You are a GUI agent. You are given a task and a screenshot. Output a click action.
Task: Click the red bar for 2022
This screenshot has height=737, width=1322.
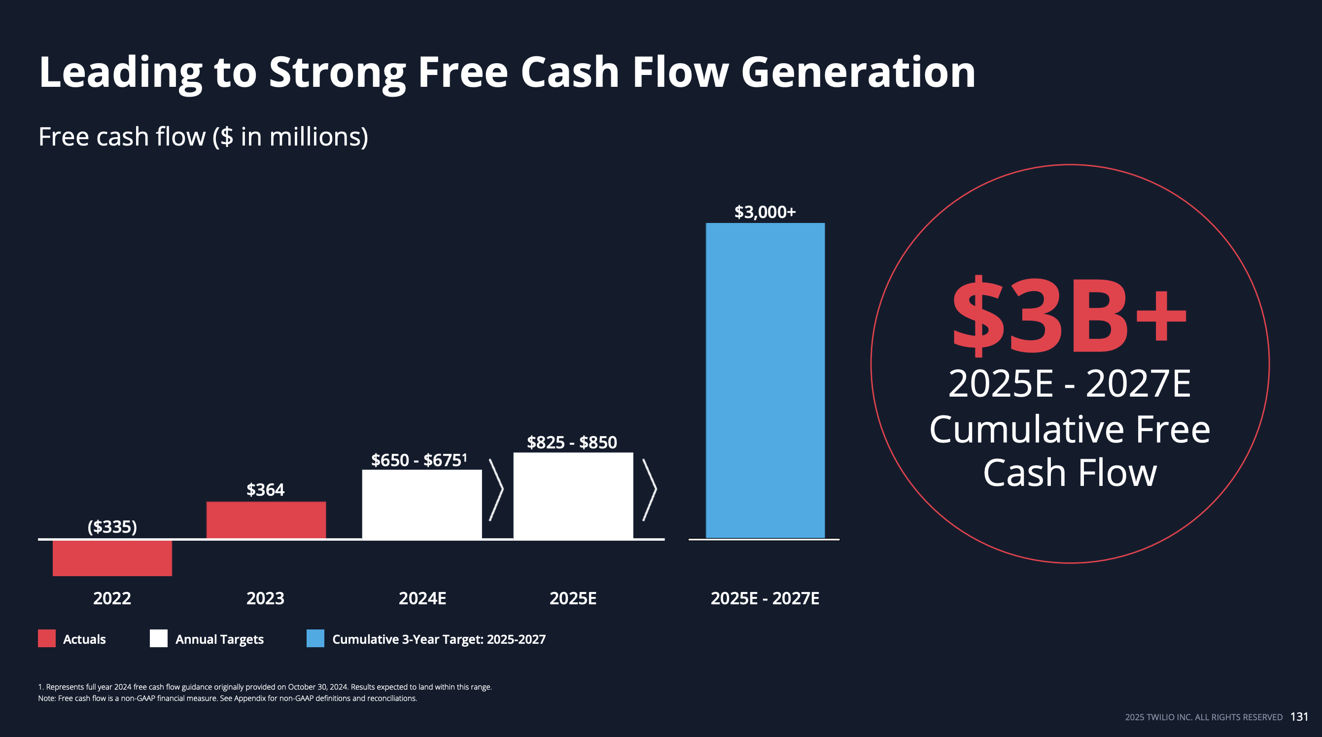point(112,558)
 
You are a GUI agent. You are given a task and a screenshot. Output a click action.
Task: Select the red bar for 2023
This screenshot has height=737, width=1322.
point(266,520)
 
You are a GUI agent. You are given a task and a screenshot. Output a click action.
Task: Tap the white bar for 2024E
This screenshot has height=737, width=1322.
point(422,504)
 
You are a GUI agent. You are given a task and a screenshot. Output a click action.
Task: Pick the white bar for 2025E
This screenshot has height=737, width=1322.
point(573,496)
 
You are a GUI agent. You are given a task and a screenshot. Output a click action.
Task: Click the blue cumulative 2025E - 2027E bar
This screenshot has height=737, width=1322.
point(765,380)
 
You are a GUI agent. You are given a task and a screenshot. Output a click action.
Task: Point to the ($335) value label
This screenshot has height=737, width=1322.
point(112,526)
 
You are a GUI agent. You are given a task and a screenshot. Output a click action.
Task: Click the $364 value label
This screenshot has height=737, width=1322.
point(265,489)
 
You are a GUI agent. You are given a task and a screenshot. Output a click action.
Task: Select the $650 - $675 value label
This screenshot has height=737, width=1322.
point(419,460)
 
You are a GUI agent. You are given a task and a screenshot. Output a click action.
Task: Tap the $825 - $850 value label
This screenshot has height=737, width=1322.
point(572,442)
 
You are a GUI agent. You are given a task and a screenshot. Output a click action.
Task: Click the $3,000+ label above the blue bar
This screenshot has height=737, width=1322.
point(765,212)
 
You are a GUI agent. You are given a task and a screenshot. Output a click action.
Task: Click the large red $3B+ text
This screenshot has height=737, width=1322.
point(1070,317)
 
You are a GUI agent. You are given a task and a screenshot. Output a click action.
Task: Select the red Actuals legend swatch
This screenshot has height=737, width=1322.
point(47,638)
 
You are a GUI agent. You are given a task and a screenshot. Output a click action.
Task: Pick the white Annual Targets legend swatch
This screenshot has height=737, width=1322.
point(159,638)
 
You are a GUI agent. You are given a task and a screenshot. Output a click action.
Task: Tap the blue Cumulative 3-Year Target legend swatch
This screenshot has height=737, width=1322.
point(315,638)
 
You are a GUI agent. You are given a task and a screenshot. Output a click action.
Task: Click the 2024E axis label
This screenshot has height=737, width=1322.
point(422,598)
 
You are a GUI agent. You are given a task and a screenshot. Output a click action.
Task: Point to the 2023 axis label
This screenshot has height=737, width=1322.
point(265,598)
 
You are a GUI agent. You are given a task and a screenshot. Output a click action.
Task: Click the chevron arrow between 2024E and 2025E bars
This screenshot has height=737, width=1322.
point(496,490)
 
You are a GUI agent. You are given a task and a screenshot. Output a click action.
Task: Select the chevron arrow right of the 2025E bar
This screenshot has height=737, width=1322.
point(650,490)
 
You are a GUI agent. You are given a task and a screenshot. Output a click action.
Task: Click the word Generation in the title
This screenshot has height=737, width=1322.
point(858,73)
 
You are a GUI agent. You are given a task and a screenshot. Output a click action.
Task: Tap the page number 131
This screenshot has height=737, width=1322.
point(1299,716)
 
